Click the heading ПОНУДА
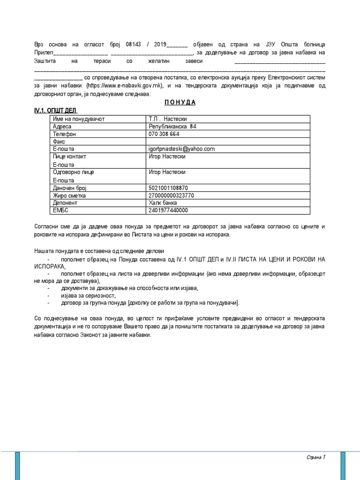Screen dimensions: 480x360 tap(180, 103)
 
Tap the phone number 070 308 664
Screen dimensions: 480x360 tap(164, 134)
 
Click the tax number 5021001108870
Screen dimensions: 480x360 tap(168, 188)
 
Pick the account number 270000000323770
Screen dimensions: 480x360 tap(171, 195)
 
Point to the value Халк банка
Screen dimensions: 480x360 tap(163, 203)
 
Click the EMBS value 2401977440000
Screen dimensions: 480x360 tap(168, 210)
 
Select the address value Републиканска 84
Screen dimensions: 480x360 tap(172, 127)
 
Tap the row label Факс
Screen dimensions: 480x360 tap(59, 142)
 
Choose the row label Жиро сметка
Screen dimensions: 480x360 tap(69, 195)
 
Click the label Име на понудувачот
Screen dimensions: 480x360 tap(79, 119)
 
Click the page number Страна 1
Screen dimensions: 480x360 tap(316, 457)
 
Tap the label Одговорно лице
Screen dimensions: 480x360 tap(74, 172)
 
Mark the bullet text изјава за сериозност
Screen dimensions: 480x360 tap(88, 296)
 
